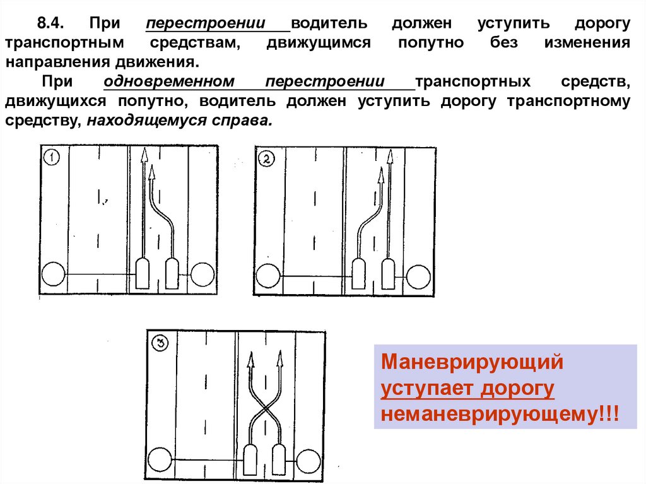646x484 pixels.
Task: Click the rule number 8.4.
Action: [x=48, y=25]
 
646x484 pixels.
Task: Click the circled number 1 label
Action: [x=50, y=157]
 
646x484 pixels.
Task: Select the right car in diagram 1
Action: [x=172, y=273]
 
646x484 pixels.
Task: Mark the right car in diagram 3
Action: [x=279, y=459]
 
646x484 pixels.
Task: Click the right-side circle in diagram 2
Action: [x=419, y=276]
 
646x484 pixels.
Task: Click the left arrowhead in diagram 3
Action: [x=250, y=360]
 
